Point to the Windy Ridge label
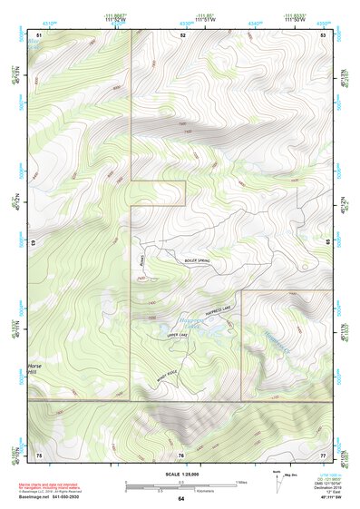tap(166, 375)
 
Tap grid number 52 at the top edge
tap(182, 34)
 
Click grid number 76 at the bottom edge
tap(182, 453)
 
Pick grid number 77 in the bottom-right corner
tap(323, 453)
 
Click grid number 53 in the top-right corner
tap(323, 34)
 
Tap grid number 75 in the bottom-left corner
tap(39, 453)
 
